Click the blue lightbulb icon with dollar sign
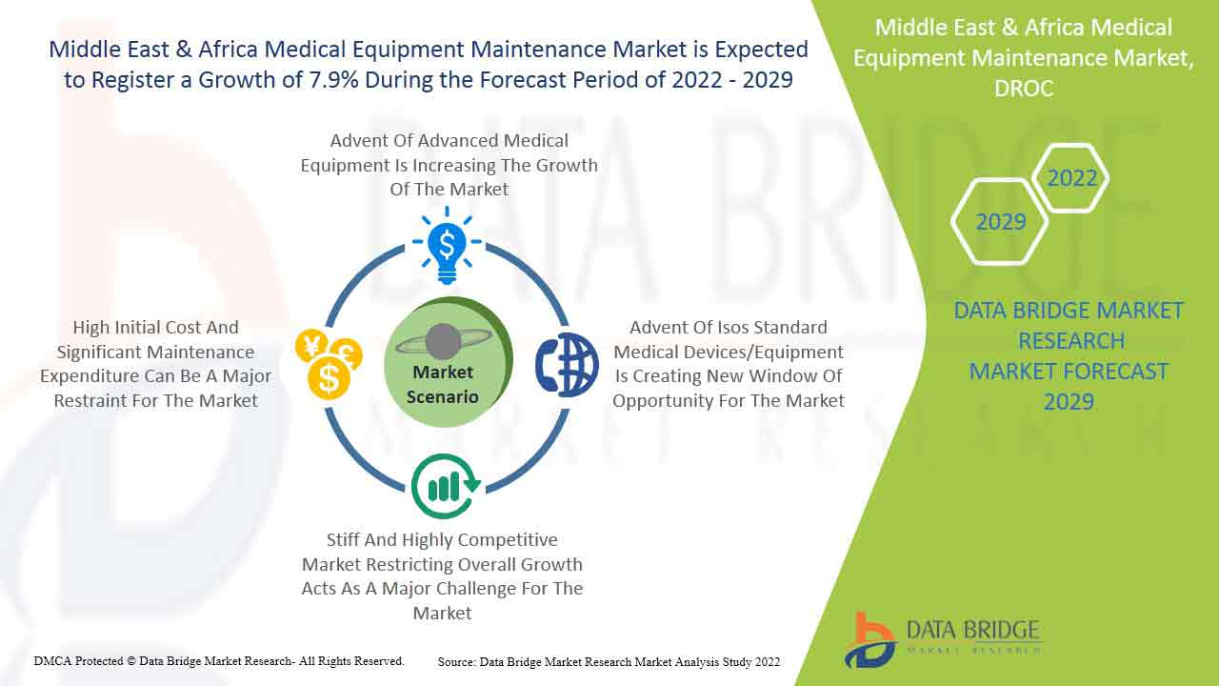point(447,246)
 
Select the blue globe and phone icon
point(567,364)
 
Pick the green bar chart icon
point(446,486)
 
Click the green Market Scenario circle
point(448,361)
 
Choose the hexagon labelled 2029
point(1000,222)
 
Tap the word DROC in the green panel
point(1024,89)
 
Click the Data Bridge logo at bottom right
point(943,641)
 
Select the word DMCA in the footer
point(52,661)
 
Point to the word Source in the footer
point(456,662)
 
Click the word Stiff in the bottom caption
point(342,539)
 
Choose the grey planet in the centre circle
point(443,341)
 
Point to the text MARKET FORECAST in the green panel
point(1069,372)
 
